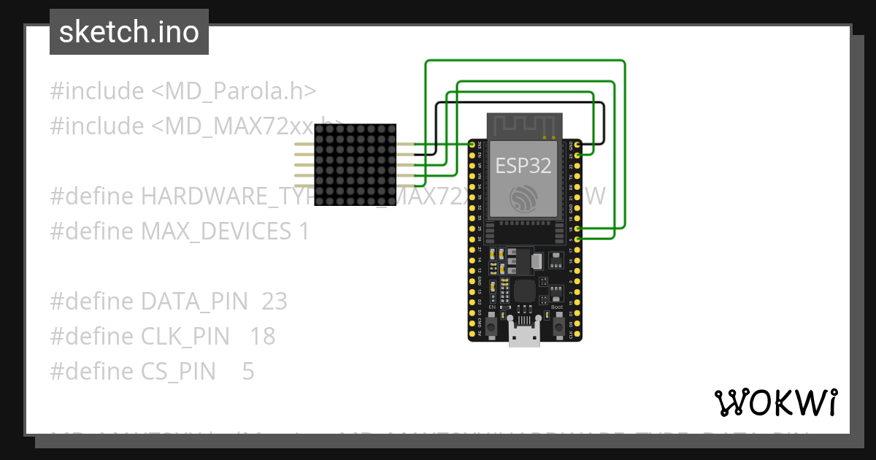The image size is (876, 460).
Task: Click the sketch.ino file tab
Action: click(128, 32)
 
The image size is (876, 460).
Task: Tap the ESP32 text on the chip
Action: click(523, 165)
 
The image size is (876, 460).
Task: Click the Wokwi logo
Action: click(775, 402)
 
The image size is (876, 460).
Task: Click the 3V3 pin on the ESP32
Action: click(472, 145)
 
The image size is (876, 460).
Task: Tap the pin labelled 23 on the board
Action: click(578, 156)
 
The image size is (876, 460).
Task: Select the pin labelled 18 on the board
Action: click(578, 229)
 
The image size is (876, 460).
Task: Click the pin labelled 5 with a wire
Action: click(578, 239)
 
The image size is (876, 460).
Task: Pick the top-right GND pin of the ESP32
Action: click(578, 145)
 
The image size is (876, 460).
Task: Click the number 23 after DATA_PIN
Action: click(274, 302)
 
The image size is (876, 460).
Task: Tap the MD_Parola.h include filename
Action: click(234, 91)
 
